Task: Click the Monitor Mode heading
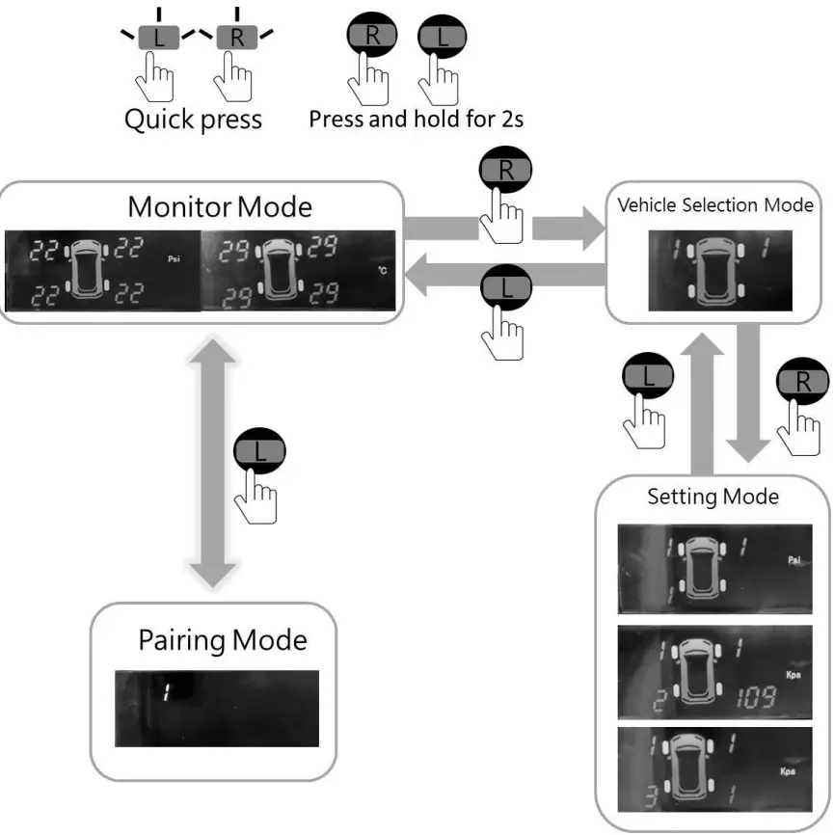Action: (220, 207)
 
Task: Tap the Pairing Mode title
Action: (223, 640)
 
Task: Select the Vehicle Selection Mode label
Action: (715, 205)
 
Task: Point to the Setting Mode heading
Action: (713, 497)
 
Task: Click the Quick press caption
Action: (193, 120)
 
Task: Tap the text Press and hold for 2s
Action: (416, 119)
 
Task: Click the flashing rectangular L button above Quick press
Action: (159, 38)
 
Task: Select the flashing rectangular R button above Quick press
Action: (237, 38)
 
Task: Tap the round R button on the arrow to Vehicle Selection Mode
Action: (505, 170)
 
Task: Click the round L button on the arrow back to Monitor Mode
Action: (506, 287)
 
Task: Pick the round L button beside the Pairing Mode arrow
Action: (259, 451)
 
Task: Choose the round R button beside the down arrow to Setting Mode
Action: (802, 381)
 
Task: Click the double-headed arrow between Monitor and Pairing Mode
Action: (212, 463)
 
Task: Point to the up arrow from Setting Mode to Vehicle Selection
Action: (702, 404)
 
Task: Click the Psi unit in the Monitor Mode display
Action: (175, 259)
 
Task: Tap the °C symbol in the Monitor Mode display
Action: (383, 271)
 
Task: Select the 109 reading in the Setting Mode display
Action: (756, 697)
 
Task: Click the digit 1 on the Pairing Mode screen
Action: (167, 692)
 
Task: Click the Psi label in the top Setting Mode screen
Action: (794, 559)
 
